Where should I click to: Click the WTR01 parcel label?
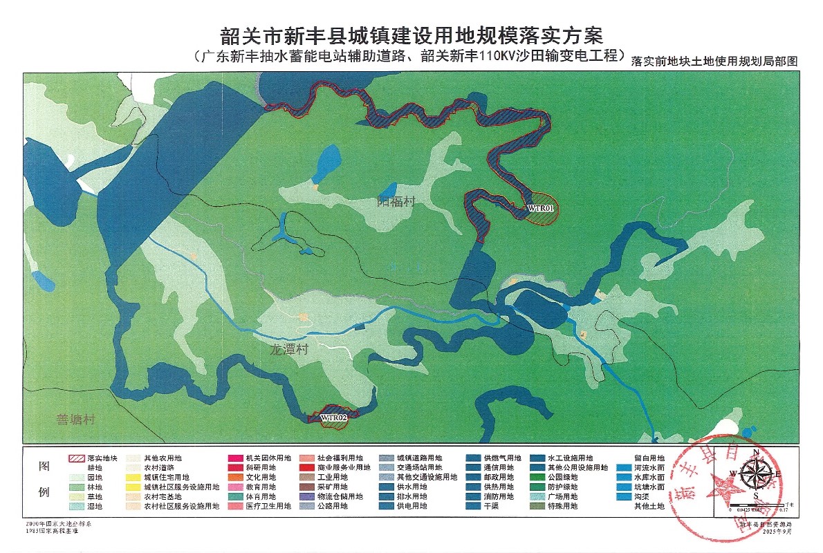pos(541,207)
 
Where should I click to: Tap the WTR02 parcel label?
pos(333,417)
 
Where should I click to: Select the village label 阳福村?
pos(396,202)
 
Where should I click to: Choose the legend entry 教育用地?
pos(261,487)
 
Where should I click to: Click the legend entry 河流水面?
pos(649,468)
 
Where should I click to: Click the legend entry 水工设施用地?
pos(571,458)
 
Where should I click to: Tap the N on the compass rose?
pos(756,453)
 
